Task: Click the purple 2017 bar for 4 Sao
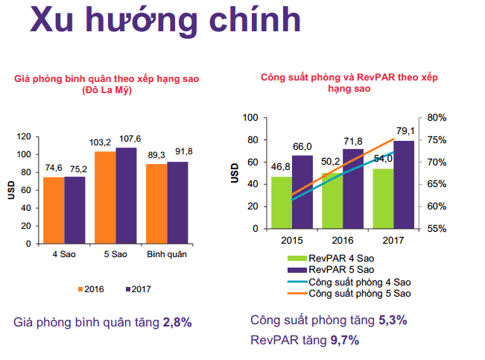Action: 75,210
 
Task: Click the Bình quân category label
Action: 166,255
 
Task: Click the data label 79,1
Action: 406,131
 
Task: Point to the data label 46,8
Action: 280,168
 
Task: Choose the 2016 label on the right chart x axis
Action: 343,240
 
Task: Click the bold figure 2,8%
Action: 178,323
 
